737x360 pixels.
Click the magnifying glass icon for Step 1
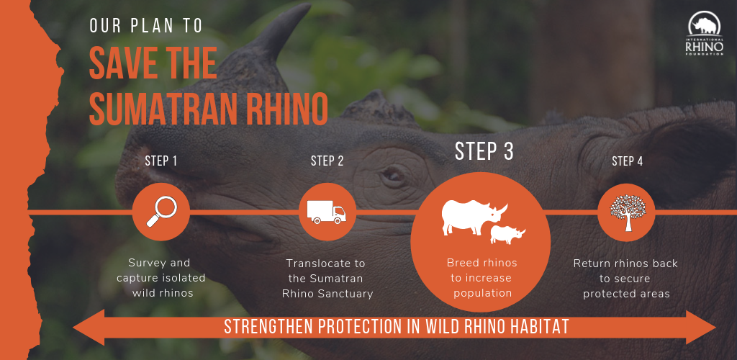[x=162, y=212]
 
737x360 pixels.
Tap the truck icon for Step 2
[x=326, y=212]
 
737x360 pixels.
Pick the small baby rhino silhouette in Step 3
[x=507, y=235]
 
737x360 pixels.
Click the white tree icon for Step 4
[x=628, y=212]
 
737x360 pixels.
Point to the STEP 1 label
[x=160, y=161]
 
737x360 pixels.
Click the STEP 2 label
[x=327, y=161]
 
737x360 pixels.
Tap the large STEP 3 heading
[x=484, y=151]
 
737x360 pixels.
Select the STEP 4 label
[x=627, y=161]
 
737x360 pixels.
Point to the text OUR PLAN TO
[x=146, y=27]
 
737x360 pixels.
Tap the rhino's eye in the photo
[x=392, y=175]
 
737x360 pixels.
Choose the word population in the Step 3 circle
[x=481, y=293]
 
